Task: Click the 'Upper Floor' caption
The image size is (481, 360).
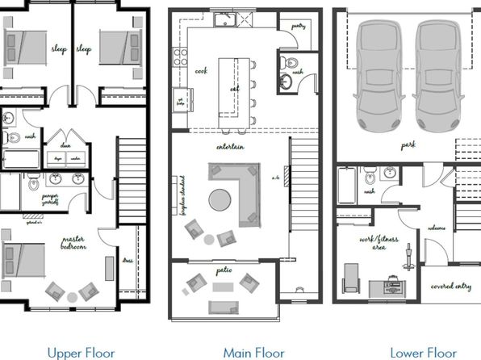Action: click(80, 352)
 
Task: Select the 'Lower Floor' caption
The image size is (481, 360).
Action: click(422, 352)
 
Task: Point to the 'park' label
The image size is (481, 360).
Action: click(408, 146)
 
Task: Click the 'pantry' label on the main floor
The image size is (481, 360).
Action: click(299, 26)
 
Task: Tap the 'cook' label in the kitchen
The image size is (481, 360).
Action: click(201, 70)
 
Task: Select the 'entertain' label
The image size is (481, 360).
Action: click(231, 147)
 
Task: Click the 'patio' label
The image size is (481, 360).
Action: click(224, 270)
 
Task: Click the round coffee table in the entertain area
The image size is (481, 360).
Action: click(220, 198)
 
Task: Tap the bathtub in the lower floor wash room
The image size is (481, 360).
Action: click(345, 183)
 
